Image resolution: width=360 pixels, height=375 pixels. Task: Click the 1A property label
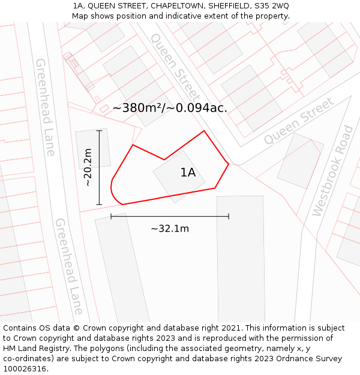(x=188, y=173)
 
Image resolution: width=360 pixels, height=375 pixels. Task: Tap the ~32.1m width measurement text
(x=170, y=229)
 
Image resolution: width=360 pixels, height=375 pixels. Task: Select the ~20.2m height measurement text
(x=88, y=167)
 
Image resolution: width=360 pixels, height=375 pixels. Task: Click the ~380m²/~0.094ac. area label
(x=170, y=108)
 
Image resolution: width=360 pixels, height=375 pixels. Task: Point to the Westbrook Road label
(x=332, y=172)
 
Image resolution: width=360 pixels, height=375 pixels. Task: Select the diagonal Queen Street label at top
(x=175, y=67)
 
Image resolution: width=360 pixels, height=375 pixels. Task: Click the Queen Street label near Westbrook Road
(x=299, y=121)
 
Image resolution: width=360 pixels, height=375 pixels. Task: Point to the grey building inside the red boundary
(x=178, y=176)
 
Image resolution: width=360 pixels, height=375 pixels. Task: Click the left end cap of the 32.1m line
(x=111, y=216)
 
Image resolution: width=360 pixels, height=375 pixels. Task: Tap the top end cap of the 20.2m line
(x=99, y=130)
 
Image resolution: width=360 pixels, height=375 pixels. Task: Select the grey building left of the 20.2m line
(x=93, y=148)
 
